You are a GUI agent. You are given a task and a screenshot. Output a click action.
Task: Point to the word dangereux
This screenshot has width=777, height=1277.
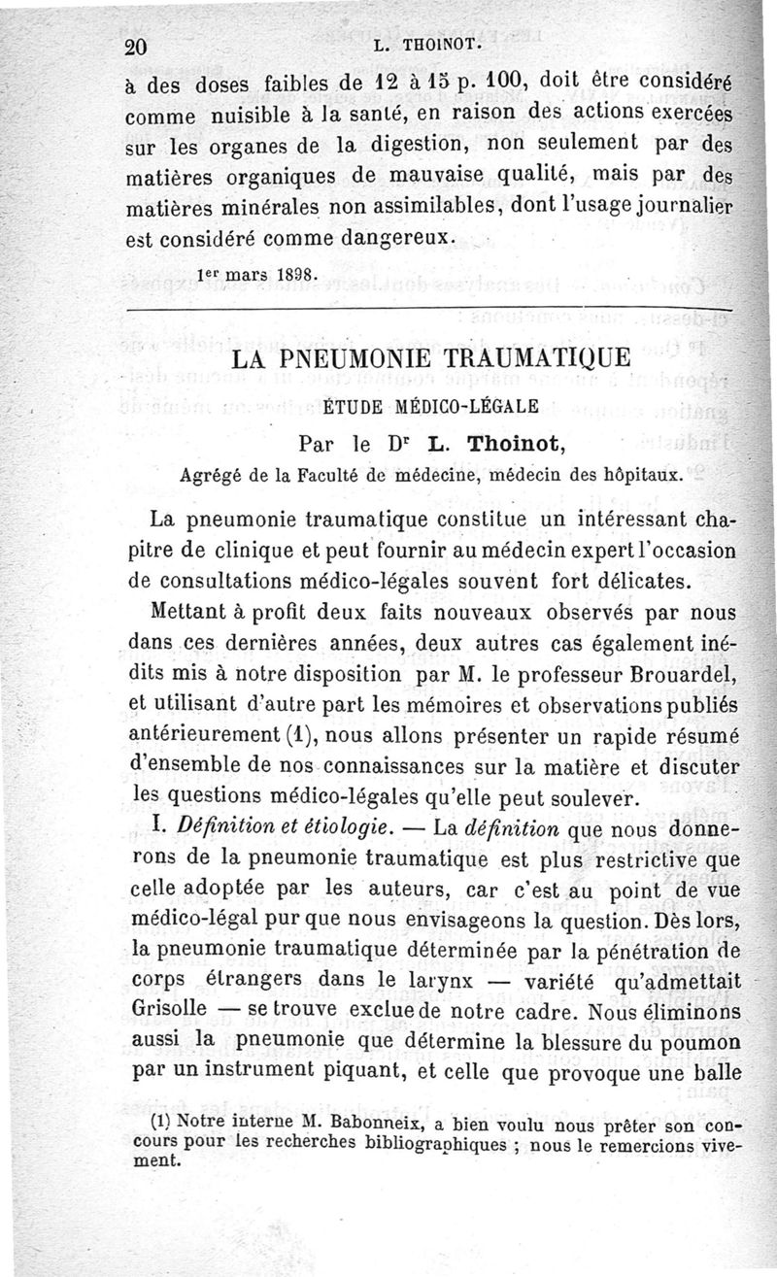399,236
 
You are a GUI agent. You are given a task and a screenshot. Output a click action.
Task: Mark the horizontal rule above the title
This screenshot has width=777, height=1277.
427,310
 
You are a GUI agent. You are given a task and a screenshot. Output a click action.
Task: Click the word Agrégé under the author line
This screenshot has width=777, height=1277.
212,476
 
